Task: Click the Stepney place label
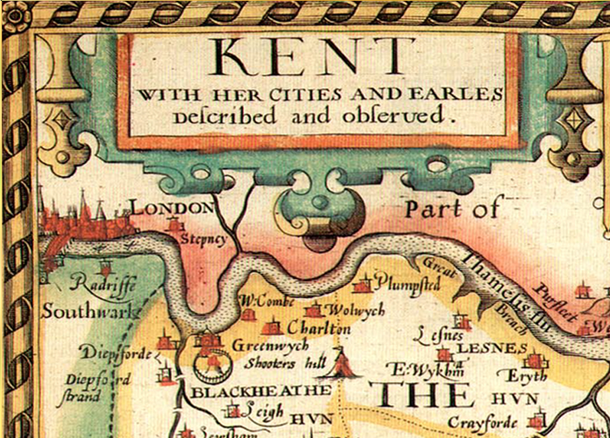click(204, 237)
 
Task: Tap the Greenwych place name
click(263, 345)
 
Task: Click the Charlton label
click(319, 328)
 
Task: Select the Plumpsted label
click(408, 285)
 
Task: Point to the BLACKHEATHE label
click(241, 392)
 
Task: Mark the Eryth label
click(527, 376)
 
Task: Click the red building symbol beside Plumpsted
click(362, 285)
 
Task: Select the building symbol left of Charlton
click(271, 326)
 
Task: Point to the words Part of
click(453, 208)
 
